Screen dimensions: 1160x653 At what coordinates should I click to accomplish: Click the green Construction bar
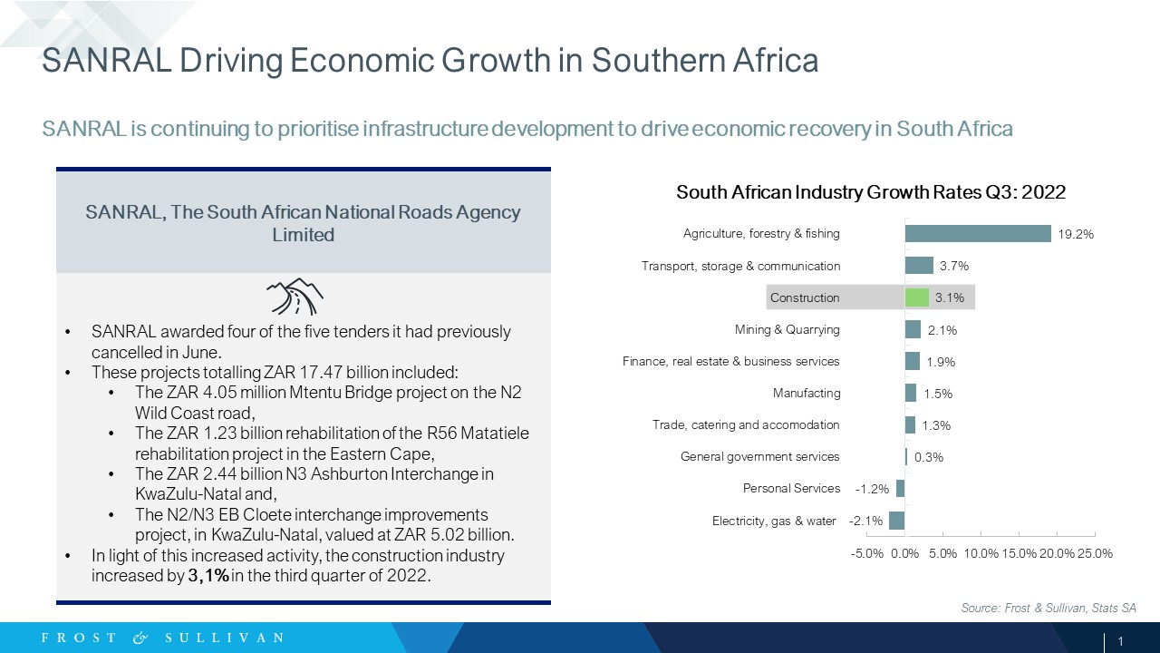click(916, 297)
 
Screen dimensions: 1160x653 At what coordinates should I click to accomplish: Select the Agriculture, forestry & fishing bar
click(978, 234)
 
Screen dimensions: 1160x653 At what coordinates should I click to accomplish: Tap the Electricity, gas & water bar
click(897, 521)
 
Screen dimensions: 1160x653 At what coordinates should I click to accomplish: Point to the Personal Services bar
click(901, 488)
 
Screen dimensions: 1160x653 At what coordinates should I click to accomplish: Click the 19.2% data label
click(1076, 234)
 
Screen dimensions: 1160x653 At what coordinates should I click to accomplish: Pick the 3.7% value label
click(954, 266)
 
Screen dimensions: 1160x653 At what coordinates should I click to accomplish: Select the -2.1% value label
click(865, 521)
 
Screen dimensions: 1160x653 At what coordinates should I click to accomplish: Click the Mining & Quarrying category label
click(788, 329)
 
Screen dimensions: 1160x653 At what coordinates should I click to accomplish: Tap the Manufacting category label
click(807, 394)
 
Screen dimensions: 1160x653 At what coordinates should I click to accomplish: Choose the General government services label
click(759, 456)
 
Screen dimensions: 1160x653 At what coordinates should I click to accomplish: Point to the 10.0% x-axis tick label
click(981, 553)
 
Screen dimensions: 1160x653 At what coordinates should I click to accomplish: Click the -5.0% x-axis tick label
click(867, 553)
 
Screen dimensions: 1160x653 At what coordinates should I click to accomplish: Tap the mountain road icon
click(295, 297)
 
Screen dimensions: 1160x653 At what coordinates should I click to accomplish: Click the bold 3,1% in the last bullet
click(208, 576)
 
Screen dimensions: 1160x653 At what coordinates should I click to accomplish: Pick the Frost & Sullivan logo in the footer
click(162, 638)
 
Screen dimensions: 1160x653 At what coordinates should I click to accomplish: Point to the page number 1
click(1121, 641)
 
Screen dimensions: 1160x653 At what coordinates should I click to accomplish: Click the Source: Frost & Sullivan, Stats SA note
click(1049, 608)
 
